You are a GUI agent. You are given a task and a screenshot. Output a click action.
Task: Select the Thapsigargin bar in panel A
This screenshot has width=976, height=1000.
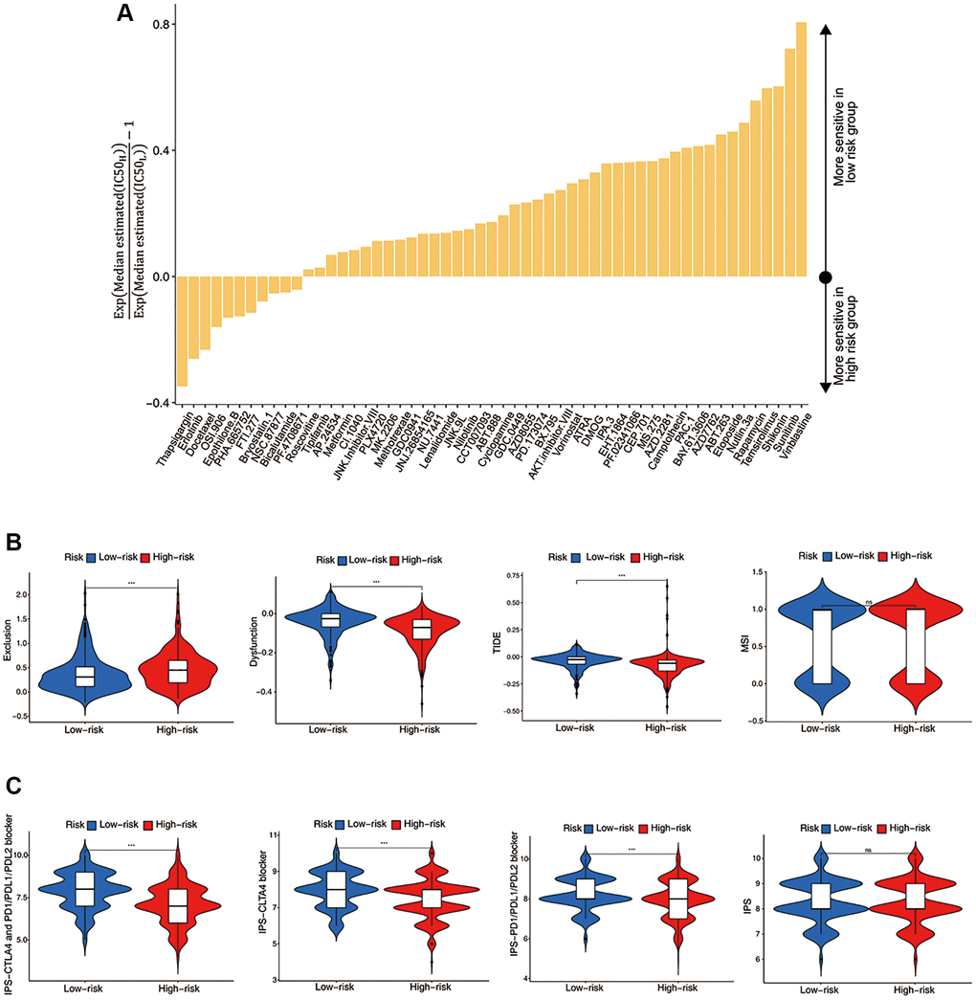(182, 331)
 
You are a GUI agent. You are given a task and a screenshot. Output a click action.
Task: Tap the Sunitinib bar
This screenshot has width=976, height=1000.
(789, 163)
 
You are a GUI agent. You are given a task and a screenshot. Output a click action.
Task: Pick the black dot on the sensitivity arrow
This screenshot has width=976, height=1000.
(826, 278)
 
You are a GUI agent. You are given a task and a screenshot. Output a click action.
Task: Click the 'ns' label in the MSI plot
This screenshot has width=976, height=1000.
(867, 601)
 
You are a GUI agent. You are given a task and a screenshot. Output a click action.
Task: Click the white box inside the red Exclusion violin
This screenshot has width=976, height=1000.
(178, 671)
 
